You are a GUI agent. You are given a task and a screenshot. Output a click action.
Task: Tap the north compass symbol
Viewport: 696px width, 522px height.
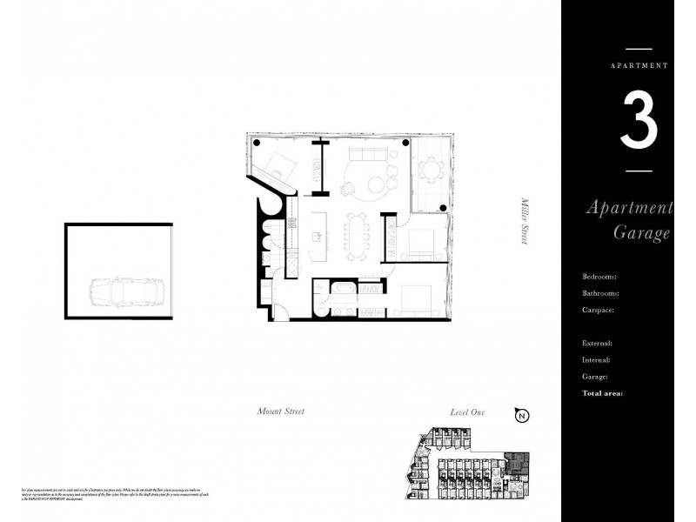pos(522,415)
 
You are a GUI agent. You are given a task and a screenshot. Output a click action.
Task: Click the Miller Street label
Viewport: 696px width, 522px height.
pos(525,222)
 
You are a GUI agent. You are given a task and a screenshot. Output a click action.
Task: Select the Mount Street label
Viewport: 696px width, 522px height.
pos(281,412)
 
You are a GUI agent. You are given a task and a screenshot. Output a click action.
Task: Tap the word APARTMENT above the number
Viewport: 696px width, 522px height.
pos(639,65)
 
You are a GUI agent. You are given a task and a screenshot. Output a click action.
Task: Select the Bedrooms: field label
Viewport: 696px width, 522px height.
pos(599,277)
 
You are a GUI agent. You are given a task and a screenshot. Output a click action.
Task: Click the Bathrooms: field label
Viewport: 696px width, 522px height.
pos(601,293)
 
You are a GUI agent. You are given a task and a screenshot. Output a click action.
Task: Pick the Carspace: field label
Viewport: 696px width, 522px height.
pos(599,310)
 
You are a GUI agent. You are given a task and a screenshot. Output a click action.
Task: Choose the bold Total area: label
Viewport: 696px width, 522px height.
pos(602,393)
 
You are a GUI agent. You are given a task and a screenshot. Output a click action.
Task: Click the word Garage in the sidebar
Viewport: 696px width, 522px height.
pos(642,233)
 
